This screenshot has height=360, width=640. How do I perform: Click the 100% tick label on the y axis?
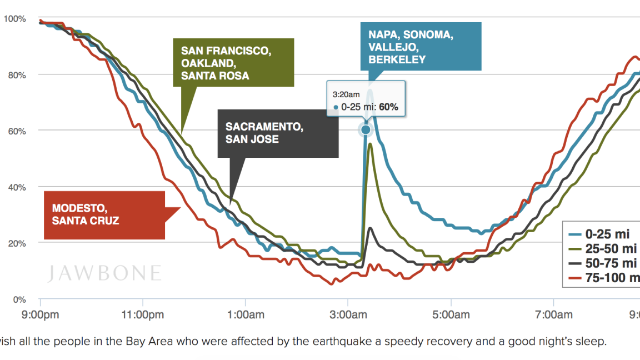tap(14, 18)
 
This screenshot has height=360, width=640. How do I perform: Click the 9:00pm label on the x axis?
tap(41, 315)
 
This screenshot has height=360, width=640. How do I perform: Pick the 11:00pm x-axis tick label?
tap(142, 315)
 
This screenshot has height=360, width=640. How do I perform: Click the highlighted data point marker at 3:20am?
tap(366, 130)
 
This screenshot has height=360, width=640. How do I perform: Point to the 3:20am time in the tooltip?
tap(346, 95)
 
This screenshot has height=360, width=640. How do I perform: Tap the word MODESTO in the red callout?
tap(79, 208)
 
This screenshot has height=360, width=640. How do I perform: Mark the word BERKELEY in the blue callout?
tap(397, 59)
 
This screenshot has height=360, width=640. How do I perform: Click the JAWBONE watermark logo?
tap(104, 273)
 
